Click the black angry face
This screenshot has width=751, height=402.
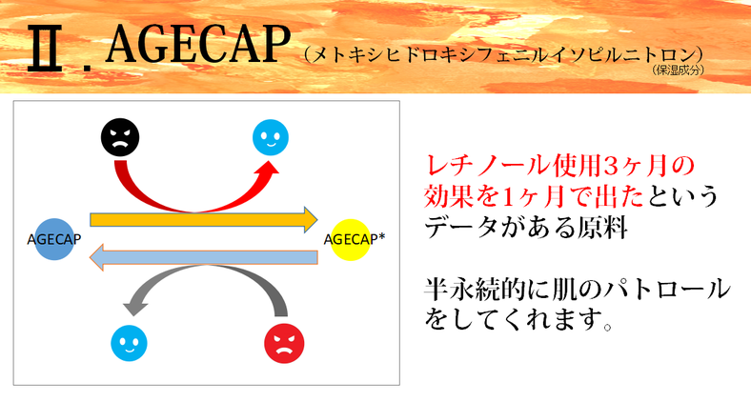(120, 137)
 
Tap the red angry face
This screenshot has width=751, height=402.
(284, 343)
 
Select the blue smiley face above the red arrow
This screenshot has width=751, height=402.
(271, 137)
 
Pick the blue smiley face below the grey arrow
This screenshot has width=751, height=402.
(129, 343)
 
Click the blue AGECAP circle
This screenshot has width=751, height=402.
(54, 239)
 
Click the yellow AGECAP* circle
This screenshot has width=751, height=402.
(351, 239)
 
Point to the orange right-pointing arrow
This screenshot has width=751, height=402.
(204, 220)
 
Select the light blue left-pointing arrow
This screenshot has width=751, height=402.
(204, 257)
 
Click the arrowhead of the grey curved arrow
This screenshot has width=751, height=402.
(135, 307)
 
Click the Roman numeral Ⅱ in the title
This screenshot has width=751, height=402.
(45, 49)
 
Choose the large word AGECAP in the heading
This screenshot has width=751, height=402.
(198, 44)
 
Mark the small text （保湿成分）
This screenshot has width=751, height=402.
(679, 70)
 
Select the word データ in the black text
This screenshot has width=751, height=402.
(463, 227)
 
